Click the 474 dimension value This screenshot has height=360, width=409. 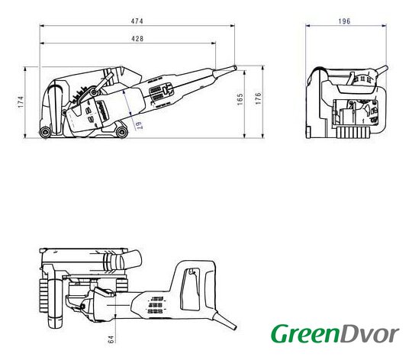137,21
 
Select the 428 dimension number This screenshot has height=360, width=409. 137,39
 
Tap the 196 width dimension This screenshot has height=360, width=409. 344,21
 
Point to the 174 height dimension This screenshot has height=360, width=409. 21,102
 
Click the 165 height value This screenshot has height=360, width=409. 240,99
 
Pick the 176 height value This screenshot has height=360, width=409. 258,98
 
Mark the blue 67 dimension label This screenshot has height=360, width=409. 138,125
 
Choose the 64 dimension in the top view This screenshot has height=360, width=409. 111,339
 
